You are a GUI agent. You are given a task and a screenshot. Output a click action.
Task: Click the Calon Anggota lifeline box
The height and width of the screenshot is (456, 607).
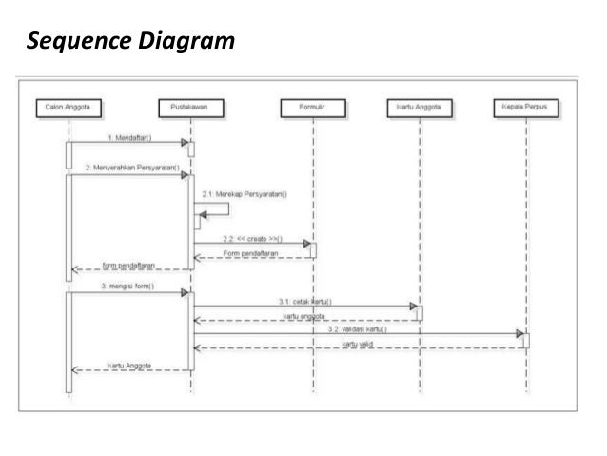pos(67,109)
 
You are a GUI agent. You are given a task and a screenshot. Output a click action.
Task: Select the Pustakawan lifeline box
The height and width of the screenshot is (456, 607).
pos(190,109)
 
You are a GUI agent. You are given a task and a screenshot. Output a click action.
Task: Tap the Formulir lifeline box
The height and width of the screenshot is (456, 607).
pos(312,109)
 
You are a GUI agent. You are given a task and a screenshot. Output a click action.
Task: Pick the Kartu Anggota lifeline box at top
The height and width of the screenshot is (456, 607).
pos(419,109)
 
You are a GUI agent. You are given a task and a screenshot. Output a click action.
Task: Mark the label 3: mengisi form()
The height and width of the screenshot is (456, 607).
pos(127,287)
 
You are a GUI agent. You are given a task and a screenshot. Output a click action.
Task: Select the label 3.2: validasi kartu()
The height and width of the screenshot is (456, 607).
pos(357,328)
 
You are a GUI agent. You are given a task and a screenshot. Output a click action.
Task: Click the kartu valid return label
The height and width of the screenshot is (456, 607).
pos(361,343)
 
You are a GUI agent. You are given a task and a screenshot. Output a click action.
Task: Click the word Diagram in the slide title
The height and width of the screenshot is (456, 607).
pos(184,42)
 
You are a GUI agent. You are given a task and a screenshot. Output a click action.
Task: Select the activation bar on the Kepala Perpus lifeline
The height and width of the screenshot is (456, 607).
pos(525,340)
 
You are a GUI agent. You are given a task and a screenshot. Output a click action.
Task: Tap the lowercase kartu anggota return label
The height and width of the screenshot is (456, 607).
pos(305,315)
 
